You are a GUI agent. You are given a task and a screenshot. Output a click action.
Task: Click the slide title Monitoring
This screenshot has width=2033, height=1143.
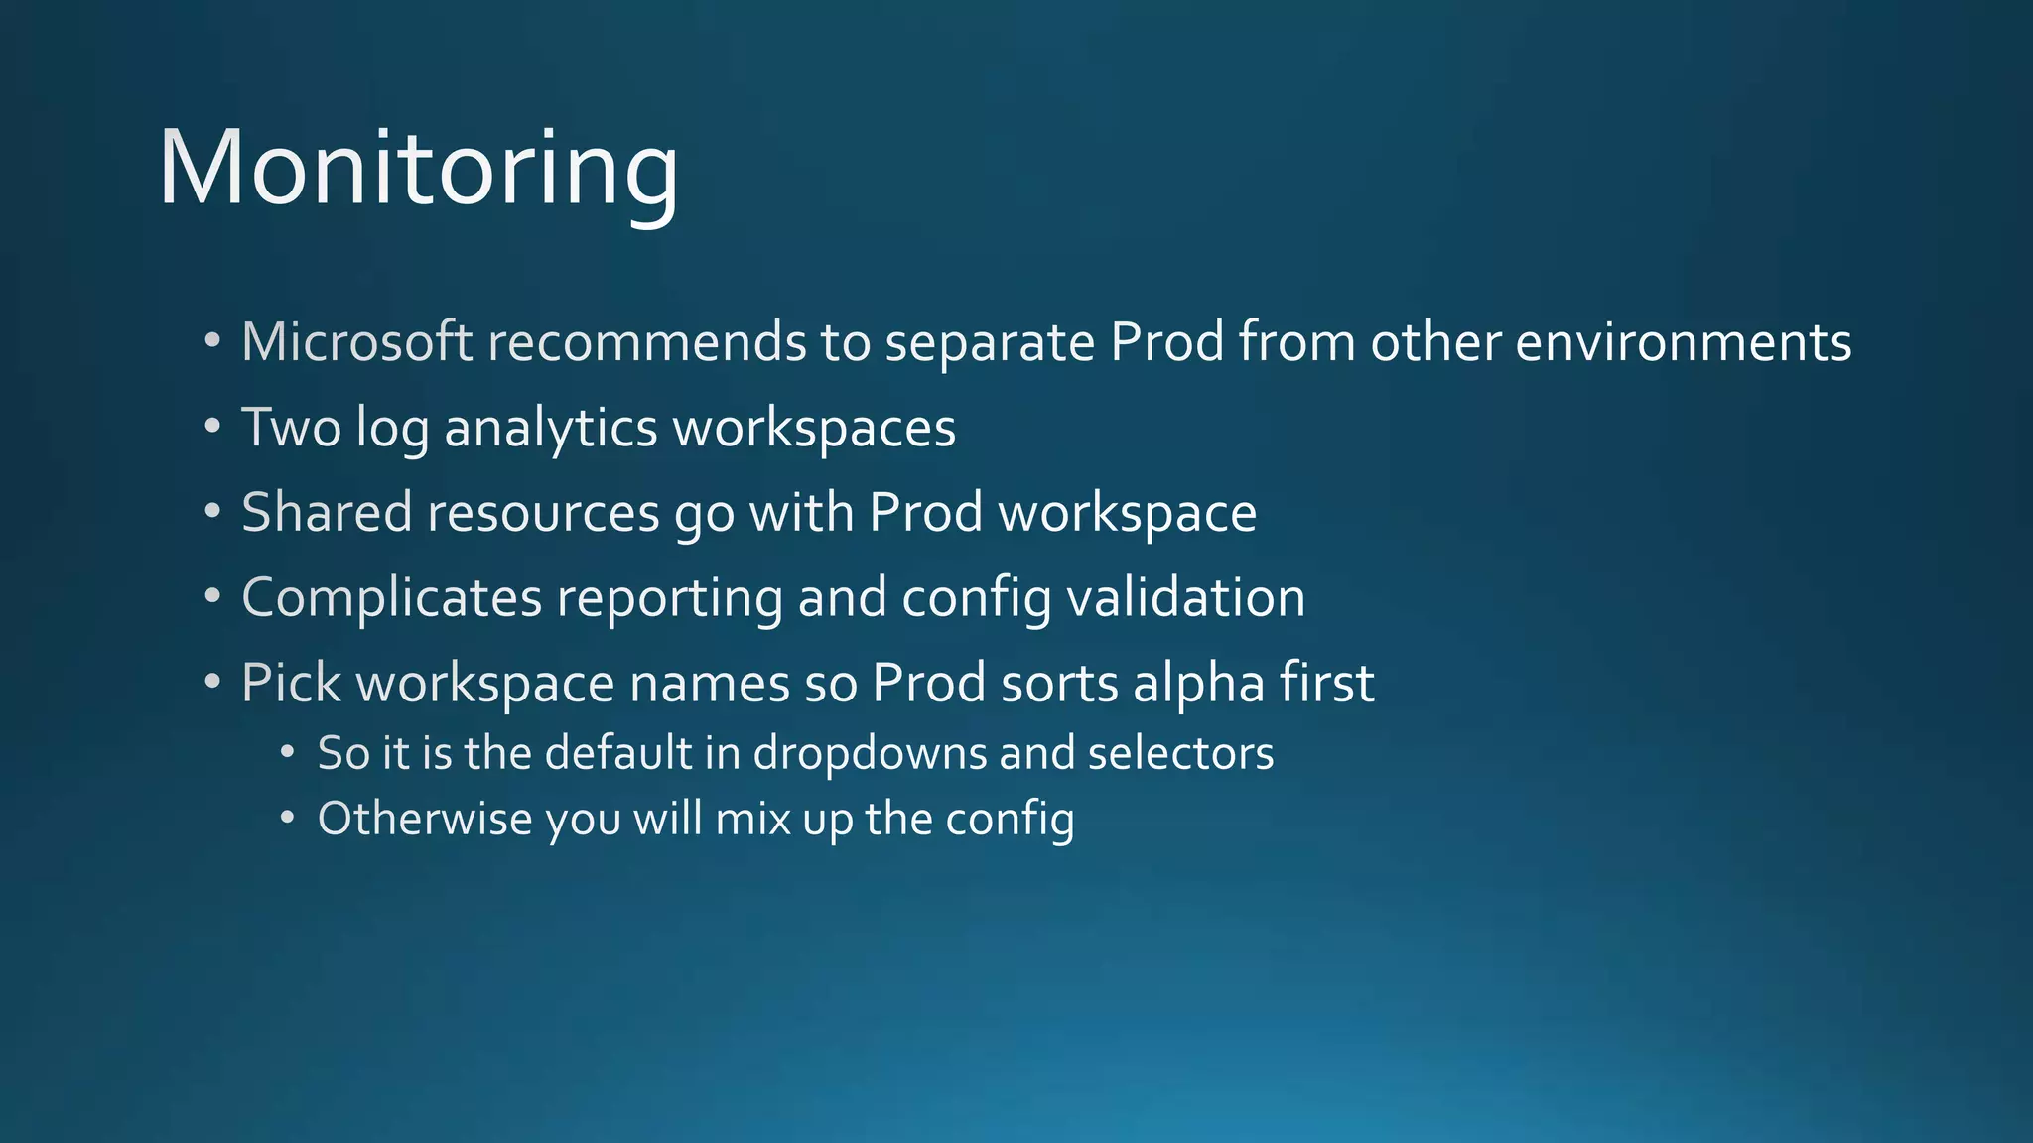click(418, 169)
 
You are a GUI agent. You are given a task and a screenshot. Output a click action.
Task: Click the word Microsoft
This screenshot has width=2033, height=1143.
click(356, 342)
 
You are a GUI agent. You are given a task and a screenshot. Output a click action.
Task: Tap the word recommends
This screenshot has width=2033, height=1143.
click(646, 342)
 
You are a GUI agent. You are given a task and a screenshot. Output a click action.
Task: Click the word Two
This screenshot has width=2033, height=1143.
click(291, 428)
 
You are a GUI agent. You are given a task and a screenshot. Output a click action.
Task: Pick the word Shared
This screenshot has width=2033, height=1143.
click(327, 513)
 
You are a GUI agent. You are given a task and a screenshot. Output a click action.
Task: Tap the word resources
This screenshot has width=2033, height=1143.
click(543, 513)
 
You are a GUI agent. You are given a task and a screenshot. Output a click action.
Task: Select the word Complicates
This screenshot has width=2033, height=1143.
click(391, 598)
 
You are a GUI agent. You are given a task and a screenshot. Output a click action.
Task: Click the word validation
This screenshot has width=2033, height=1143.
click(1186, 598)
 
